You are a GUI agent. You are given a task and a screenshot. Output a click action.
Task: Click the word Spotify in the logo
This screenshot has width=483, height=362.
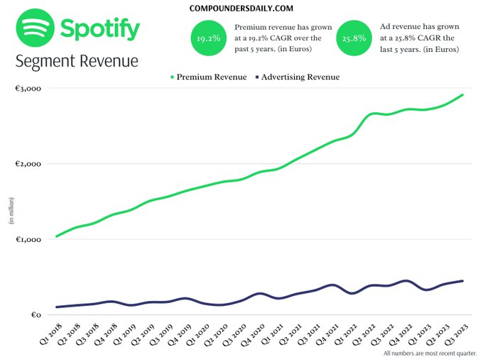[x=100, y=30]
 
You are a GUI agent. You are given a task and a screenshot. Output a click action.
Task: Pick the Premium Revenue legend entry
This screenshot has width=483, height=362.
[x=205, y=77]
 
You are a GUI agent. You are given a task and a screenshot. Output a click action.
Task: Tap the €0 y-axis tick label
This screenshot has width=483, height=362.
[x=36, y=315]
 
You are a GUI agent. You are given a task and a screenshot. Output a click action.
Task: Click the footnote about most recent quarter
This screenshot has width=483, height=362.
[x=430, y=353]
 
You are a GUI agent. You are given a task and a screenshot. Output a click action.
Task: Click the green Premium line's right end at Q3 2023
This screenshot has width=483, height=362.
[x=463, y=95]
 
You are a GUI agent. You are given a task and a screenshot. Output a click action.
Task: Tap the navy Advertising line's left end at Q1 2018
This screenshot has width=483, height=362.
[x=57, y=307]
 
